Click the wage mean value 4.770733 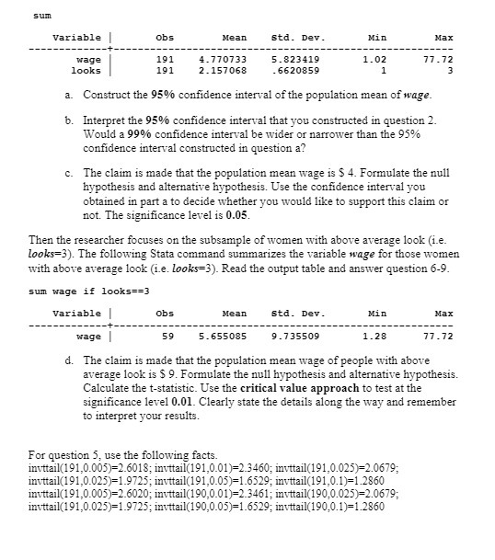[222, 59]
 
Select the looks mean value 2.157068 [222, 70]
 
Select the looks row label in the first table [86, 70]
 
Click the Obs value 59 [167, 337]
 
